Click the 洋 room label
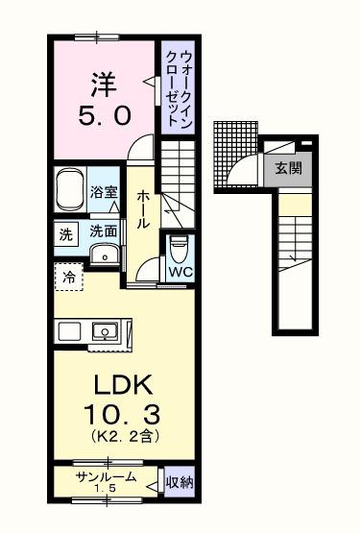click(x=101, y=82)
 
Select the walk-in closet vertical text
click(x=179, y=86)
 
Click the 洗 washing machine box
click(x=64, y=231)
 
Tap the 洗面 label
click(x=104, y=231)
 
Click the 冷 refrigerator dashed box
click(x=68, y=278)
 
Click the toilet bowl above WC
click(x=179, y=248)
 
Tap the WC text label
click(x=180, y=272)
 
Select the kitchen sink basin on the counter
click(x=103, y=331)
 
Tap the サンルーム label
click(x=106, y=477)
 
